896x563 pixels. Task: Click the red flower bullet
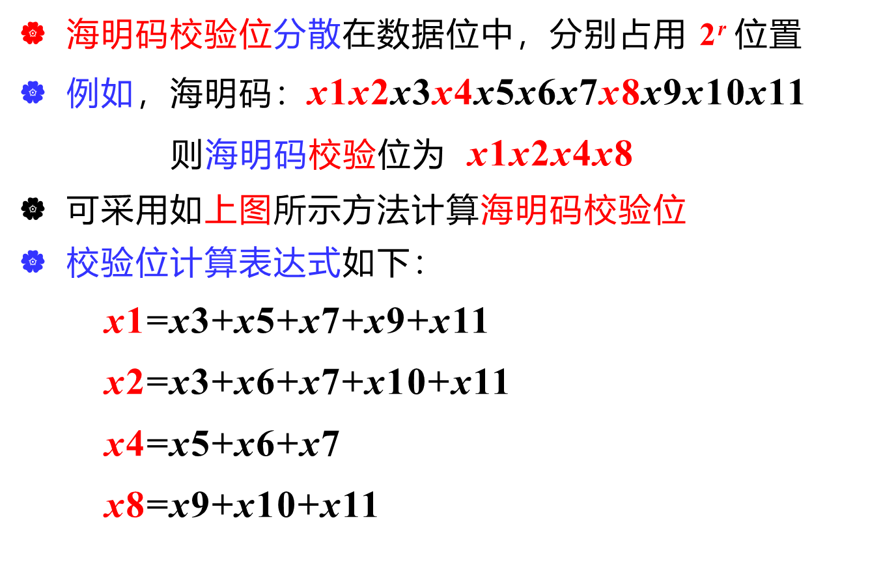point(33,33)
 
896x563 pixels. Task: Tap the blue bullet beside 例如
point(33,92)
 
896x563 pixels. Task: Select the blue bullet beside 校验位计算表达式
point(33,262)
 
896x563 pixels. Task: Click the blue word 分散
point(307,34)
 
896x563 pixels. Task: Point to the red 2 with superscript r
point(712,34)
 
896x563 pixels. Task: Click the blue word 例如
point(100,93)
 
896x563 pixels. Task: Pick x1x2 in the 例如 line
point(348,93)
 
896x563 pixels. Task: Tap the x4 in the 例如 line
point(452,93)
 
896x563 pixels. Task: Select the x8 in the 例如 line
point(619,93)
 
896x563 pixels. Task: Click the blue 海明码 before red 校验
point(256,155)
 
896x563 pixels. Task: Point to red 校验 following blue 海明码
point(343,155)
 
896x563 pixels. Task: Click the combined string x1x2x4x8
point(550,155)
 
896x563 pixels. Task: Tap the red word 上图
point(238,210)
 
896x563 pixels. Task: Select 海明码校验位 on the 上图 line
point(583,210)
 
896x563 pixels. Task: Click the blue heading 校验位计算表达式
point(203,262)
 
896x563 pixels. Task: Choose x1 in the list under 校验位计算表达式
point(124,322)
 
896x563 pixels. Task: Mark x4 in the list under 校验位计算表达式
point(124,444)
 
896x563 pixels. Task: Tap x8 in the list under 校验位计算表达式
point(124,505)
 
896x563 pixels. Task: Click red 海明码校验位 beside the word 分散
point(169,34)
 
